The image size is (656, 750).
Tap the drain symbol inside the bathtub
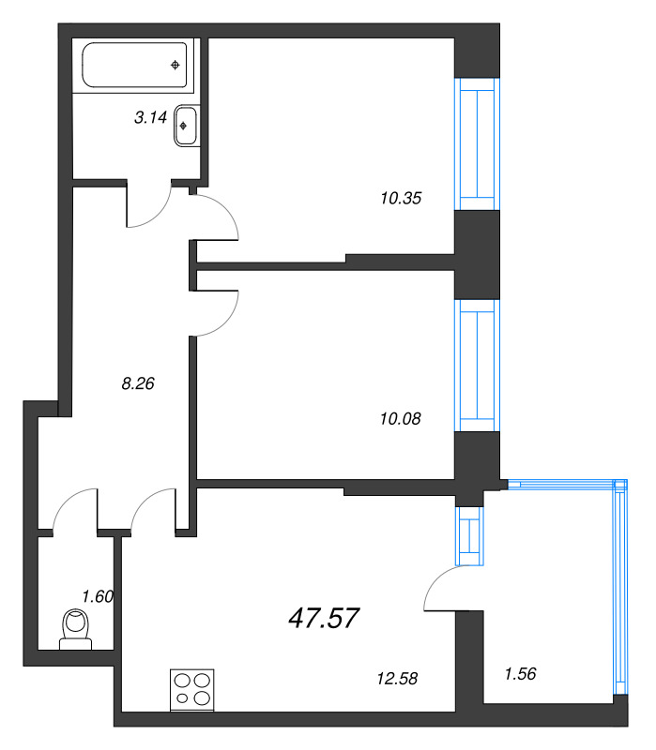pos(175,65)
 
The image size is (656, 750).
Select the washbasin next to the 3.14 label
pos(185,127)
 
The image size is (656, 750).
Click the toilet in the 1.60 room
pos(73,628)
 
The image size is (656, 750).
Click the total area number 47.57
pos(322,618)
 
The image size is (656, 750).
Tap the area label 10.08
pos(395,418)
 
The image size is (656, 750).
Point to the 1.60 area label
pos(98,596)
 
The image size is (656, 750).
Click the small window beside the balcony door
pos(468,536)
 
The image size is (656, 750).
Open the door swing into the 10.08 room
pos(220,314)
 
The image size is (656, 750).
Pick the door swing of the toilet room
pos(75,511)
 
